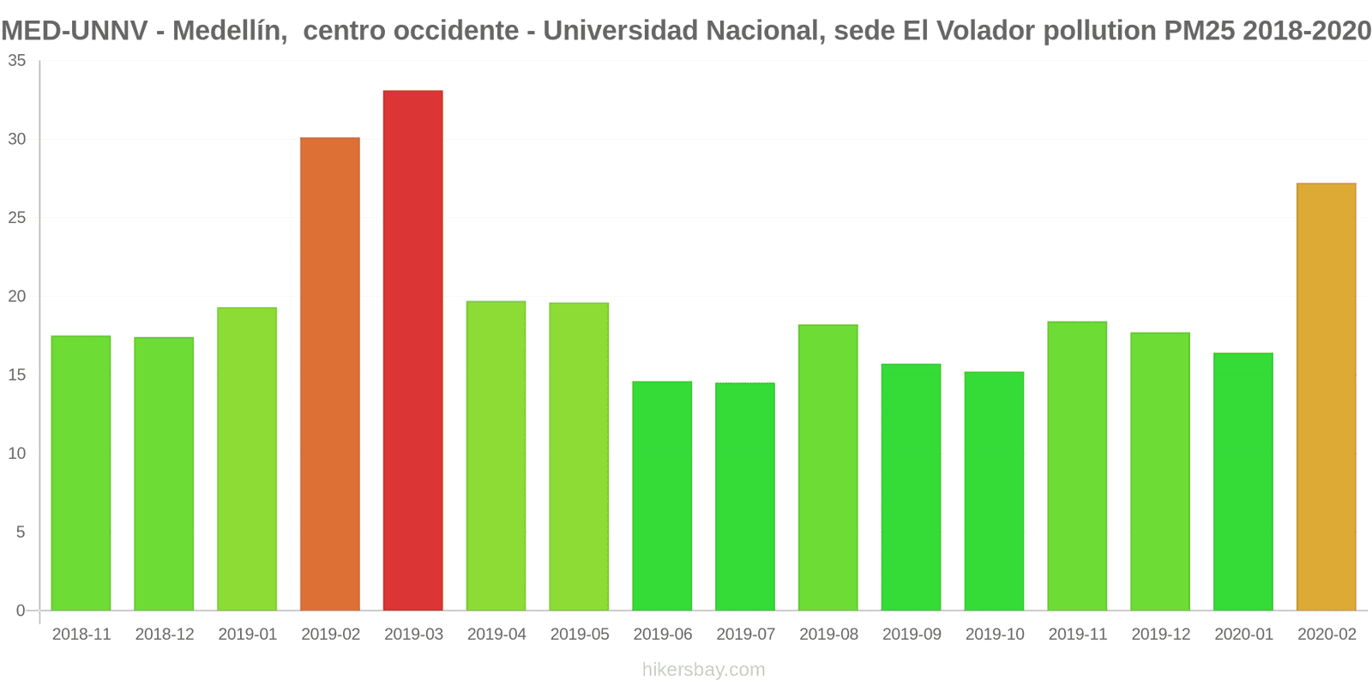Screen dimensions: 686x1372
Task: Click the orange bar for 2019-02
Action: [x=330, y=374]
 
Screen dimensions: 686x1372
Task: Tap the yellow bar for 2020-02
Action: [x=1327, y=396]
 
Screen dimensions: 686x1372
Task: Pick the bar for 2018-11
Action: [x=81, y=472]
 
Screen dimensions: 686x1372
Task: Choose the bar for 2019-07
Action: [x=745, y=496]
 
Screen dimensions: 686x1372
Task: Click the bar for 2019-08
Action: [x=828, y=467]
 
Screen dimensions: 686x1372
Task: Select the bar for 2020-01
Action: [x=1243, y=481]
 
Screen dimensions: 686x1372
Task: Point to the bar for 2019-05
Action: [x=579, y=456]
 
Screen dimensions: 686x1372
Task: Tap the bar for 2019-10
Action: [x=994, y=490]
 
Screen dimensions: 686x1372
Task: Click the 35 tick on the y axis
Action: [x=17, y=61]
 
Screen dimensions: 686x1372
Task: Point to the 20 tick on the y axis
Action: [x=17, y=297]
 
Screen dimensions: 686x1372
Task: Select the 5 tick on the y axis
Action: [x=21, y=533]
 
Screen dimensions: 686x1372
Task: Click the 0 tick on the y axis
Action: [x=21, y=611]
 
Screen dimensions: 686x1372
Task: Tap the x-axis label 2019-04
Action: [x=496, y=635]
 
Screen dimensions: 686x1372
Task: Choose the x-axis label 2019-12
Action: [x=1161, y=635]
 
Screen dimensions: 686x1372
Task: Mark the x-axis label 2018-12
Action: [x=165, y=635]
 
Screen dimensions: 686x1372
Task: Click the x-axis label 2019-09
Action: [x=912, y=635]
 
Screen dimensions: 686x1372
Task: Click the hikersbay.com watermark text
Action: [x=703, y=670]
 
